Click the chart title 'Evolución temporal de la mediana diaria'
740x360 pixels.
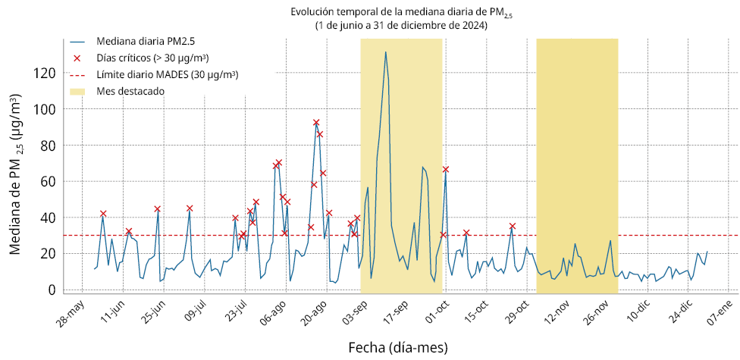pyautogui.click(x=402, y=12)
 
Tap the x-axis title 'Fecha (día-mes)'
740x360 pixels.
pyautogui.click(x=397, y=348)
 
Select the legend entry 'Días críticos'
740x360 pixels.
pyautogui.click(x=152, y=58)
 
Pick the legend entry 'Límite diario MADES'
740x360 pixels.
pyautogui.click(x=168, y=75)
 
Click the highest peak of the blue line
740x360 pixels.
pyautogui.click(x=386, y=52)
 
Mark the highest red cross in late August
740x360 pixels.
pyautogui.click(x=316, y=123)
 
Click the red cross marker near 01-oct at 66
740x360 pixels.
pyautogui.click(x=446, y=169)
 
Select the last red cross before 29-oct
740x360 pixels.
pyautogui.click(x=513, y=226)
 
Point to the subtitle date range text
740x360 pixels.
pyautogui.click(x=401, y=25)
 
